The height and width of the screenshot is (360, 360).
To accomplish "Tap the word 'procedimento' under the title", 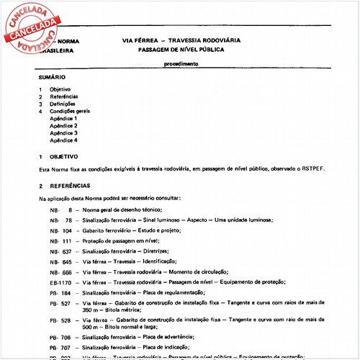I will (x=180, y=64).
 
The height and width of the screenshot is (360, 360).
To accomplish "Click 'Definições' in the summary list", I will (x=64, y=104).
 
